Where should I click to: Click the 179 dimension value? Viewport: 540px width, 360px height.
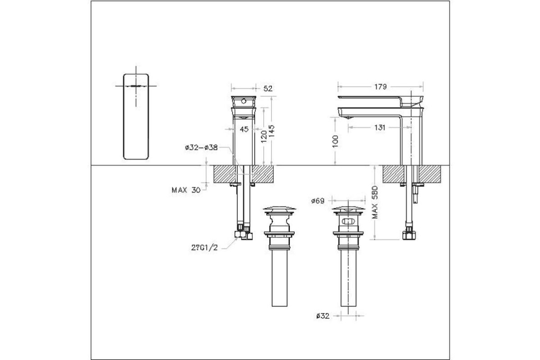[380, 87]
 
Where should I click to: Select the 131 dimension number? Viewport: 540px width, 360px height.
[380, 127]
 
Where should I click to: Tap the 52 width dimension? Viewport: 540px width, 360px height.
[268, 89]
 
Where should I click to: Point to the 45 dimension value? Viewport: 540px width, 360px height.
[244, 130]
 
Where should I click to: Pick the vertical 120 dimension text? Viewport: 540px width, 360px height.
[264, 137]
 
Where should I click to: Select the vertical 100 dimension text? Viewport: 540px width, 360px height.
[335, 141]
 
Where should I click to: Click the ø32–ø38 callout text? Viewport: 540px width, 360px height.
[201, 148]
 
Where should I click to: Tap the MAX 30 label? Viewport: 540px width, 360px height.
[186, 190]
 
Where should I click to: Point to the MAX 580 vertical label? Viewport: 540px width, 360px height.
[375, 202]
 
